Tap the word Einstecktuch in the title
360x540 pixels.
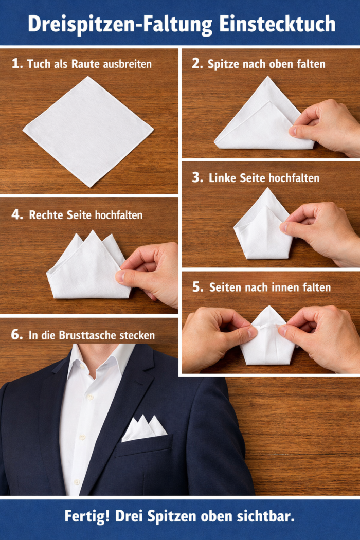pyautogui.click(x=277, y=24)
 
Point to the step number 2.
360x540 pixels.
pyautogui.click(x=197, y=63)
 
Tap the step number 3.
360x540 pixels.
pyautogui.click(x=197, y=177)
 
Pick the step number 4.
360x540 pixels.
pyautogui.click(x=17, y=214)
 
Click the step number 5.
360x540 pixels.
pyautogui.click(x=197, y=287)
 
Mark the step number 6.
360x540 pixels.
pyautogui.click(x=16, y=334)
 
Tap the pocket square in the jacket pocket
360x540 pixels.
pyautogui.click(x=143, y=428)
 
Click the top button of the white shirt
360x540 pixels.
pyautogui.click(x=91, y=397)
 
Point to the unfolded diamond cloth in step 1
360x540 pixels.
pyautogui.click(x=88, y=132)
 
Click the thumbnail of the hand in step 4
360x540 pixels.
pyautogui.click(x=120, y=276)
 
